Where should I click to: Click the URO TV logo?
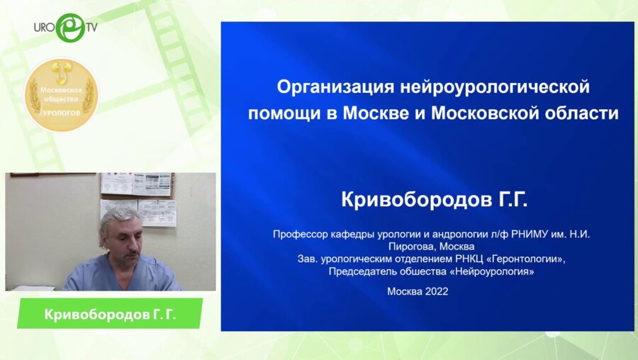(65, 28)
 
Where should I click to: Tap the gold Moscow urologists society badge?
(61, 95)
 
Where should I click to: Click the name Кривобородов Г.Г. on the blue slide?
(435, 201)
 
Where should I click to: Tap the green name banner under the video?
(109, 314)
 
